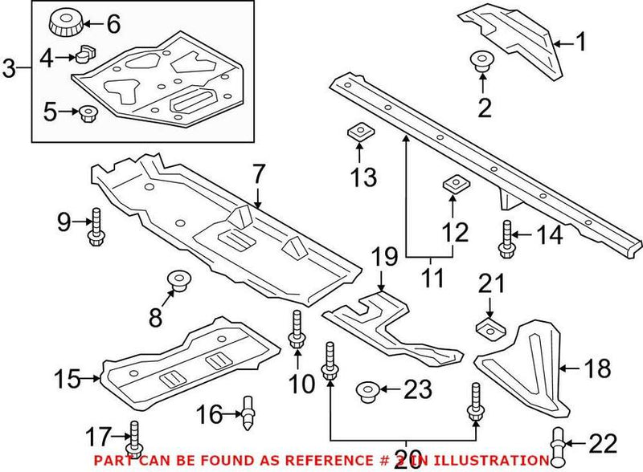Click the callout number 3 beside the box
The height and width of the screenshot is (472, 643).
coord(10,69)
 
